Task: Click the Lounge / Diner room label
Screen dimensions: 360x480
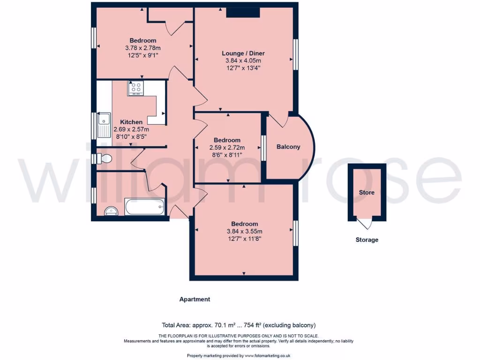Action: tap(241, 53)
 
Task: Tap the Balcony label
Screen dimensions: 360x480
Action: tap(288, 147)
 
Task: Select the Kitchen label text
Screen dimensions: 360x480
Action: tap(131, 122)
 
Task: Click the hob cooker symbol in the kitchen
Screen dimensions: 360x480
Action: tap(136, 88)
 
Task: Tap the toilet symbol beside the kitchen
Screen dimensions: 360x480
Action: tap(105, 158)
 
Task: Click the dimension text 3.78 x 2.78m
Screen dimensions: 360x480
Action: tap(143, 48)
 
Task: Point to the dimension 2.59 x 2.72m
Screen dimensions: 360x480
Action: tap(227, 147)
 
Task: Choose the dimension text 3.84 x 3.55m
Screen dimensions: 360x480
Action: tap(244, 231)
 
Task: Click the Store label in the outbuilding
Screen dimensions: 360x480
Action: tap(367, 192)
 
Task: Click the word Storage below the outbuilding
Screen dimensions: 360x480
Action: tap(367, 240)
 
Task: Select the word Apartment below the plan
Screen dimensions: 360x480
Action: tap(195, 299)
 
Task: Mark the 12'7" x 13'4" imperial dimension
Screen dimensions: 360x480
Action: tap(241, 67)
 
